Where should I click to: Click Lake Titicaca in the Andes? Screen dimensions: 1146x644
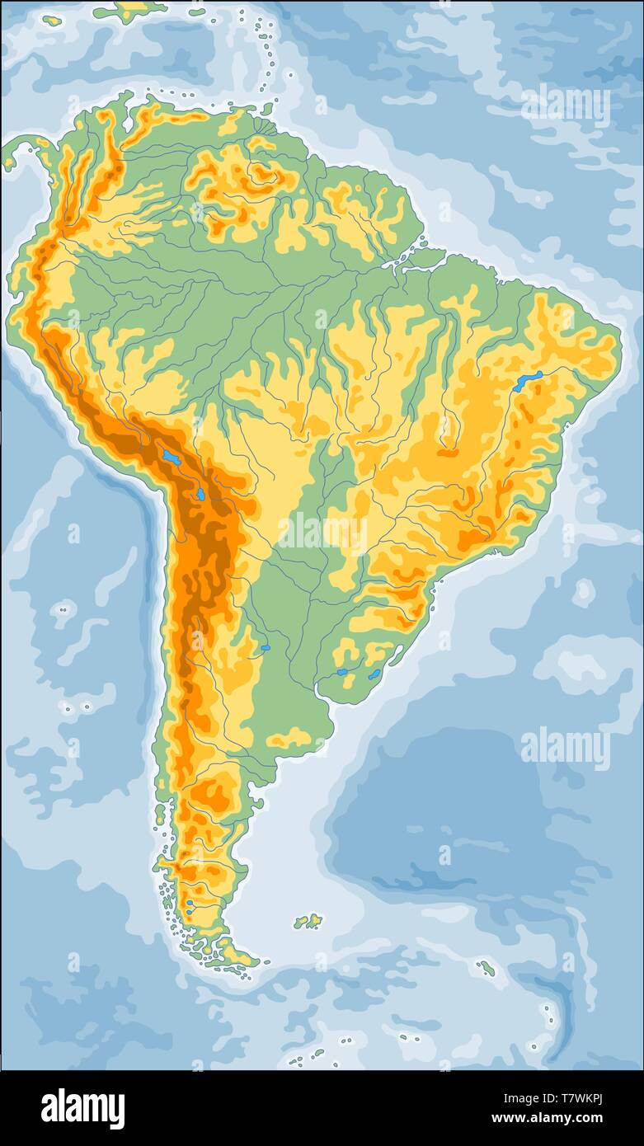click(x=171, y=456)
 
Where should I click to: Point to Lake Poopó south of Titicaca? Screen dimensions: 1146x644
click(x=200, y=495)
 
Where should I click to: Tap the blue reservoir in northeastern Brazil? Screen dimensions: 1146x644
click(x=528, y=380)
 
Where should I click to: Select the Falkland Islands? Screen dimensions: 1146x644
click(x=308, y=921)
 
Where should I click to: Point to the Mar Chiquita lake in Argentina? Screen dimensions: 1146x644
click(x=266, y=648)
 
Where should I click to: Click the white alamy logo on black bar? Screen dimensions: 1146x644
click(x=82, y=1109)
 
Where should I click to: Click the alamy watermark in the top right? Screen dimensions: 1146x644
click(x=566, y=107)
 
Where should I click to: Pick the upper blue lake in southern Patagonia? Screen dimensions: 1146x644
click(x=189, y=904)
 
